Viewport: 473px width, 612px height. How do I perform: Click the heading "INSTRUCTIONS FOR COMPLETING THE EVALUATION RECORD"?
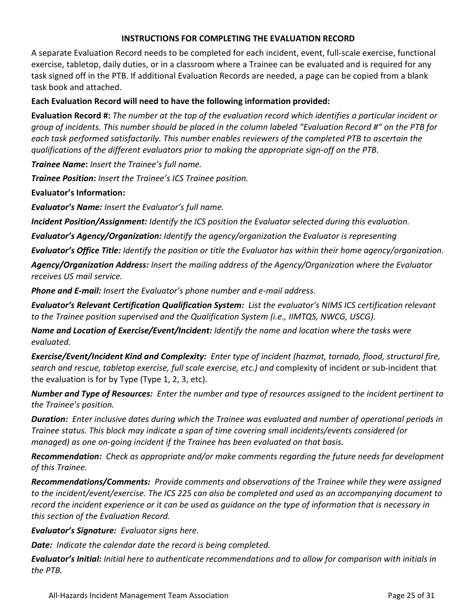coord(238,38)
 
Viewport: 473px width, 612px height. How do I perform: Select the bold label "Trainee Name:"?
coord(60,164)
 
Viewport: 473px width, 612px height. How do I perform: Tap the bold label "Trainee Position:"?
coord(64,178)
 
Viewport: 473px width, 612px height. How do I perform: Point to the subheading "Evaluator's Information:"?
coord(78,193)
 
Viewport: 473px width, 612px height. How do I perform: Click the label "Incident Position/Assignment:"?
coord(89,221)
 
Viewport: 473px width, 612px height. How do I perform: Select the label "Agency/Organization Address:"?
coord(90,265)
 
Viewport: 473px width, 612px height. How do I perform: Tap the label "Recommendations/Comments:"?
coord(91,482)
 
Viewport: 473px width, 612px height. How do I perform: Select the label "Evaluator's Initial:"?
coord(67,559)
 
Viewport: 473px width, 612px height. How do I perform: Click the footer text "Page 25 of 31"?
coord(411,595)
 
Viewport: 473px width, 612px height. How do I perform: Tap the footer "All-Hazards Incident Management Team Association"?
coord(138,595)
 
